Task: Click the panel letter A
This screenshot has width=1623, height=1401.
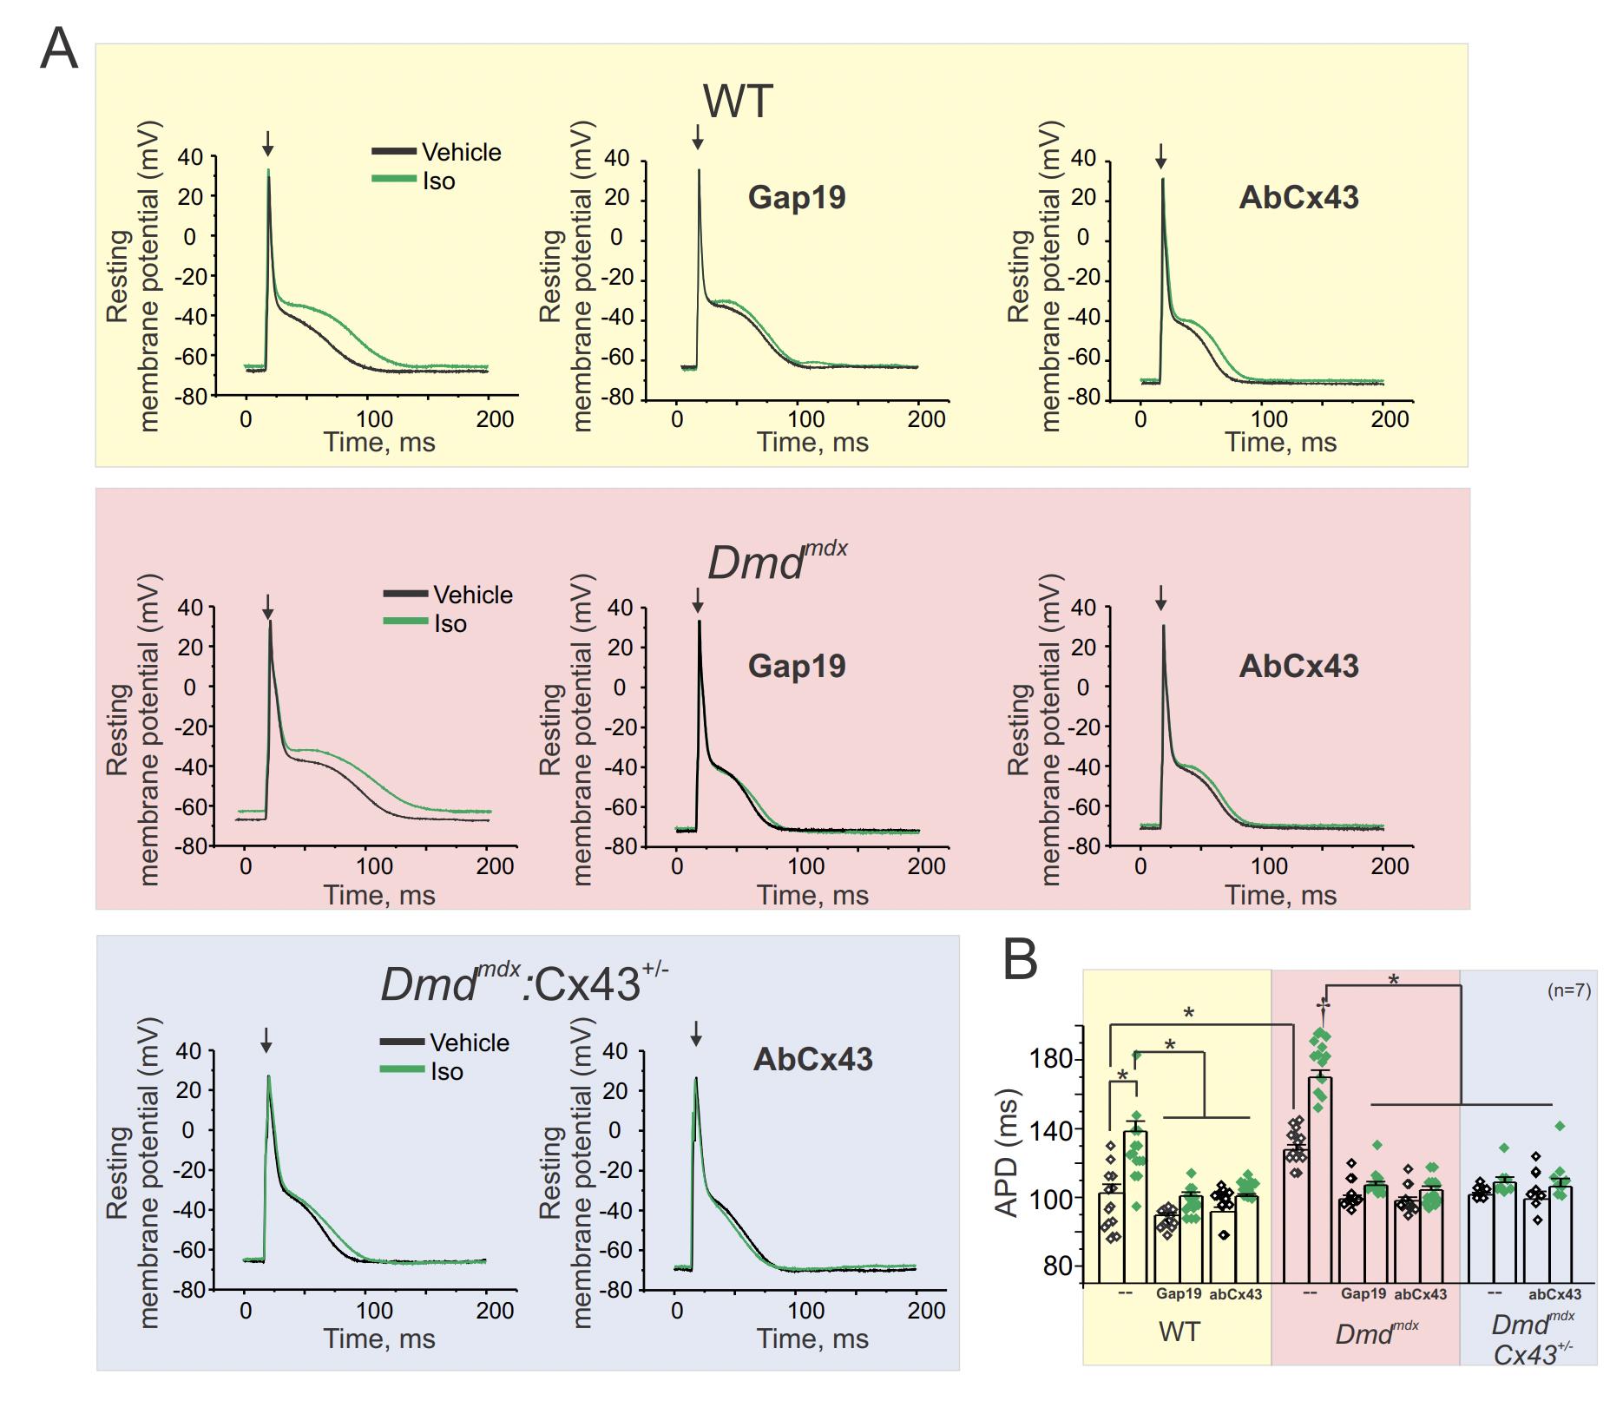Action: pos(59,49)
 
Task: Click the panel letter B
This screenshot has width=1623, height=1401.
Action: pos(1020,960)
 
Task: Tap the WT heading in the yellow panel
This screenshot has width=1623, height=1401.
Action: pos(737,102)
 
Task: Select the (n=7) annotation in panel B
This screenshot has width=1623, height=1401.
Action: pos(1569,990)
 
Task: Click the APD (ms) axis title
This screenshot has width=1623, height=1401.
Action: pos(1007,1154)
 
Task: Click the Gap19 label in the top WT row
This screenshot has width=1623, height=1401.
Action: pos(797,198)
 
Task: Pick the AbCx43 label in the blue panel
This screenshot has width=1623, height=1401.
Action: pos(812,1059)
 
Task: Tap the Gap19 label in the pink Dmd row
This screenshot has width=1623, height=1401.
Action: pos(797,666)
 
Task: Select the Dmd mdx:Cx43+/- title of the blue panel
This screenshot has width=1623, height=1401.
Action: pos(524,983)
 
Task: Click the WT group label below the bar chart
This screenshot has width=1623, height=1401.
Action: pos(1179,1332)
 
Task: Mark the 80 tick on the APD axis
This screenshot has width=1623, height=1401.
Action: pos(1058,1266)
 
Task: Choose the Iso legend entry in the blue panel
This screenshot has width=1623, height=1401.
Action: pos(446,1071)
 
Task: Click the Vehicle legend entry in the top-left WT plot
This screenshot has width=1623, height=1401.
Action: pos(461,152)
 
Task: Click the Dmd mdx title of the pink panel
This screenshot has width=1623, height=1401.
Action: pos(778,561)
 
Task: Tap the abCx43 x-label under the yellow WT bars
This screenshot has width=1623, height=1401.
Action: pos(1235,1294)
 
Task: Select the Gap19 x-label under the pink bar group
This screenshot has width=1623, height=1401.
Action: pos(1363,1294)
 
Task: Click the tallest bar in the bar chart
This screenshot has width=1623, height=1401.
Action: pos(1321,1180)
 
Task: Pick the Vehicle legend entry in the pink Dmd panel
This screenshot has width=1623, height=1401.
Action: pos(472,595)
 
